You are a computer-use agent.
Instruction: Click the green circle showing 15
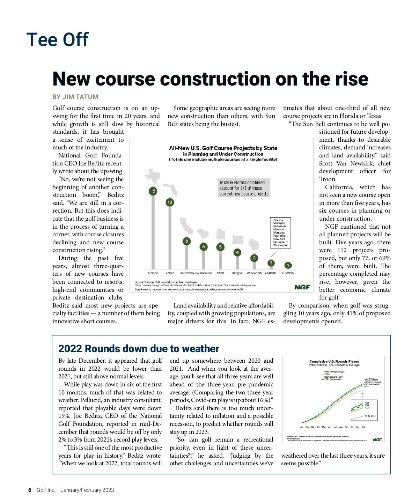pos(153,191)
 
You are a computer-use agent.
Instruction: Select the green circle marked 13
pos(170,202)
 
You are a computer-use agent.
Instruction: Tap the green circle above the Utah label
pos(220,247)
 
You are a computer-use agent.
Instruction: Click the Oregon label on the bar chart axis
pos(237,273)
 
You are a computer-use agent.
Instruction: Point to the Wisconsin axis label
pos(254,273)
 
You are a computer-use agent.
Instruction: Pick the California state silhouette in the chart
pos(186,225)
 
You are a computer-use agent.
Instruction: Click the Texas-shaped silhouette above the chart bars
pos(153,176)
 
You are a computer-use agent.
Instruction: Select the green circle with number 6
pos(187,241)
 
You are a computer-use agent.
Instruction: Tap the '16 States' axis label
pos(287,273)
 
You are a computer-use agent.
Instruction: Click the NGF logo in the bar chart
pos(302,287)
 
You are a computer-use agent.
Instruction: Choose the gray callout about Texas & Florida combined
pos(244,188)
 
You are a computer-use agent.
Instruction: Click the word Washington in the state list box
pos(281,245)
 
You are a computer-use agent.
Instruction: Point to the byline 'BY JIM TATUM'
pos(75,97)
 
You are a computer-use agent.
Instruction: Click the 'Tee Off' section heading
pos(58,39)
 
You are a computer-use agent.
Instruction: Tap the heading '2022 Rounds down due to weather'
pos(139,349)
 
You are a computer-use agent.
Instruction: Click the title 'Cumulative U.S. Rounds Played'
pos(334,361)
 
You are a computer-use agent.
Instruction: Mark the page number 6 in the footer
pos(30,490)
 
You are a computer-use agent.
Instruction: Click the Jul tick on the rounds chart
pos(335,427)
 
